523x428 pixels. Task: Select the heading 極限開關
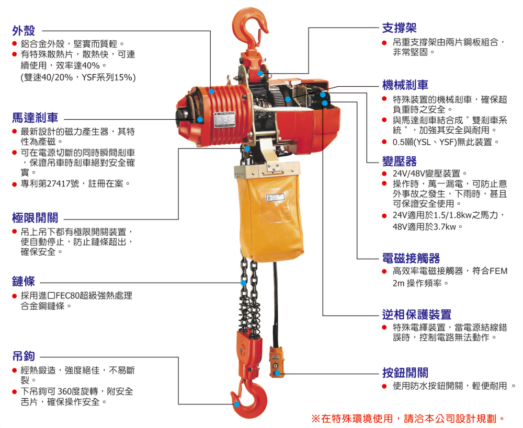click(35, 217)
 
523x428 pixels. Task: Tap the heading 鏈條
click(24, 282)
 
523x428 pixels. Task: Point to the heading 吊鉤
click(24, 356)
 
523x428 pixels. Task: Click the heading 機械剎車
click(405, 85)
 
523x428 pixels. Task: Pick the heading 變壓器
click(399, 160)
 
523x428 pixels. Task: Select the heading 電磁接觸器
click(411, 258)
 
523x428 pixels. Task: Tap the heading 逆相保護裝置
click(417, 315)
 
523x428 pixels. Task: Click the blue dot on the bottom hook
click(237, 404)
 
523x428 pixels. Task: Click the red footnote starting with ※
click(408, 418)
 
